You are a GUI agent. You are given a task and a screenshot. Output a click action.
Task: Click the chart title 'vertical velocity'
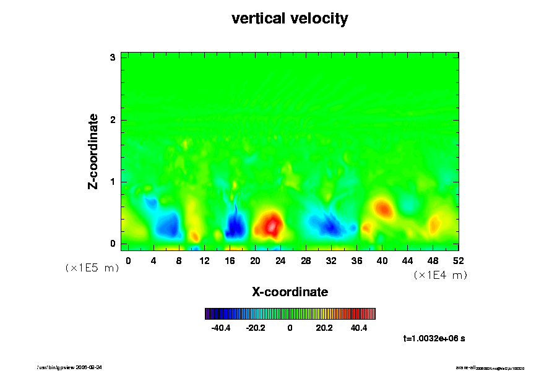pyautogui.click(x=290, y=19)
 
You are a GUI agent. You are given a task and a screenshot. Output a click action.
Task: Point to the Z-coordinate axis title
pyautogui.click(x=93, y=150)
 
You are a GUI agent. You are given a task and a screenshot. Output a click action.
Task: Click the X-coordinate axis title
pyautogui.click(x=290, y=291)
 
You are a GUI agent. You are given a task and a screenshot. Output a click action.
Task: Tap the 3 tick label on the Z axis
pyautogui.click(x=113, y=58)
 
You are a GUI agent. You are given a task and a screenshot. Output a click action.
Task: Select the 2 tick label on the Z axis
pyautogui.click(x=113, y=120)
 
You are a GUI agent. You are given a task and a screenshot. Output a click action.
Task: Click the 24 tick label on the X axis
pyautogui.click(x=280, y=260)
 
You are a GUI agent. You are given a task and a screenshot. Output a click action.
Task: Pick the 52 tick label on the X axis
pyautogui.click(x=459, y=260)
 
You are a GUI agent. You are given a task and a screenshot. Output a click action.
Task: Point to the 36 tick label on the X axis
pyautogui.click(x=356, y=260)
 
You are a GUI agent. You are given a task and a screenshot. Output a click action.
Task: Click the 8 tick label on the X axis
pyautogui.click(x=179, y=260)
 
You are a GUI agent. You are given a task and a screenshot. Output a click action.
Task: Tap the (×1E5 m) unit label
pyautogui.click(x=92, y=268)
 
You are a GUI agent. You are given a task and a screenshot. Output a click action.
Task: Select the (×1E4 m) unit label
pyautogui.click(x=440, y=275)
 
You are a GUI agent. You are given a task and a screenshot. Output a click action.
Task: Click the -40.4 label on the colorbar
pyautogui.click(x=221, y=328)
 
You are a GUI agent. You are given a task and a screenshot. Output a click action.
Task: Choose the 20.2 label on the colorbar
pyautogui.click(x=324, y=328)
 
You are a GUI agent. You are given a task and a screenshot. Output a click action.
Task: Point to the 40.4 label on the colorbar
pyautogui.click(x=359, y=328)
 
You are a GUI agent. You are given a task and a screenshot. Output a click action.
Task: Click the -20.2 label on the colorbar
pyautogui.click(x=256, y=328)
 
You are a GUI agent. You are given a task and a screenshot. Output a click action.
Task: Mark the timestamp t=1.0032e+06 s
pyautogui.click(x=438, y=338)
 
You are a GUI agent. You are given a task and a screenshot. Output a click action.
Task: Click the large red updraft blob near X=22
pyautogui.click(x=270, y=223)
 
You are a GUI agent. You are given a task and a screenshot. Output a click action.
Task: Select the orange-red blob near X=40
pyautogui.click(x=383, y=208)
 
